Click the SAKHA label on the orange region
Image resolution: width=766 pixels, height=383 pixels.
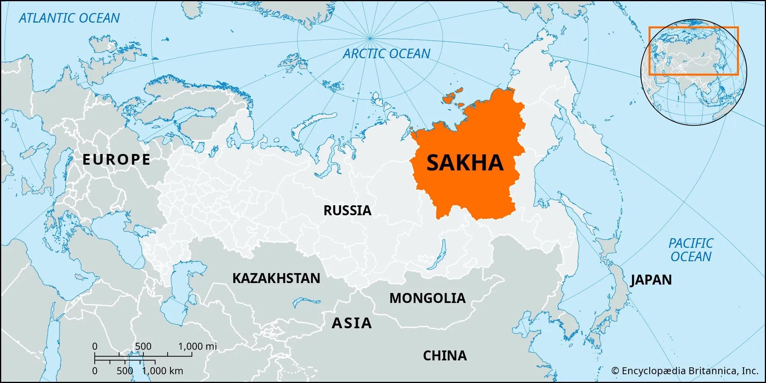465,162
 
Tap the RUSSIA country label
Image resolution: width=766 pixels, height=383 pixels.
347,210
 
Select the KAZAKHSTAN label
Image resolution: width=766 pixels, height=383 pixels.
276,278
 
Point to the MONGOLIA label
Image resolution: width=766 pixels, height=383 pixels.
427,298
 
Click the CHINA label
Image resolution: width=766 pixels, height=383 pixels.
445,356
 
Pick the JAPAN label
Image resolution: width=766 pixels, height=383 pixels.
651,280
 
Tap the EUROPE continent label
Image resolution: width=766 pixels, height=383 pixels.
116,159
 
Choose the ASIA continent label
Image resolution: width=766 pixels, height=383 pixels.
352,323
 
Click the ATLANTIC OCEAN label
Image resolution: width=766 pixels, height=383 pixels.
69,18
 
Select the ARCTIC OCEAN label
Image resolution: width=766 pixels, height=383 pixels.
386,54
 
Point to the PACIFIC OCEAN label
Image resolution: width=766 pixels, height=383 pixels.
691,250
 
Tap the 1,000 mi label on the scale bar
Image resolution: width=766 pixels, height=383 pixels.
198,347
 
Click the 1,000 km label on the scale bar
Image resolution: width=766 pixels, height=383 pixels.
163,371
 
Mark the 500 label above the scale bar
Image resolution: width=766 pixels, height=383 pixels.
143,347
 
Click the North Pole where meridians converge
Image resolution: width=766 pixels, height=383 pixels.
370,38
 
